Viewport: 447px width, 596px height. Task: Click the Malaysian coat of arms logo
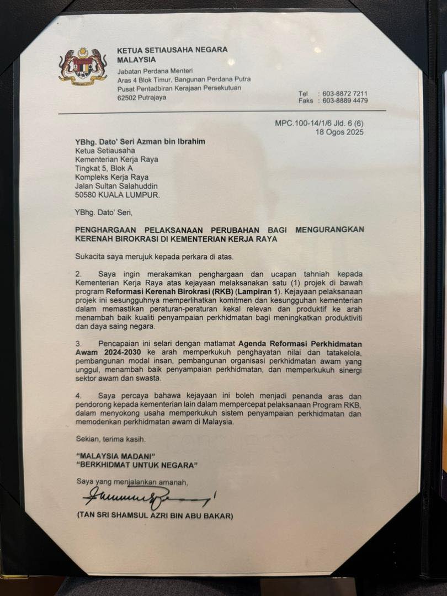(82, 65)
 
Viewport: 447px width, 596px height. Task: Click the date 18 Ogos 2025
(340, 132)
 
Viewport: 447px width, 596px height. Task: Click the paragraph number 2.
(78, 274)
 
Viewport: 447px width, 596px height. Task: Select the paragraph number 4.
(78, 396)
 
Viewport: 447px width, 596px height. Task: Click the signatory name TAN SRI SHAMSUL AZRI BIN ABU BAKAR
(155, 517)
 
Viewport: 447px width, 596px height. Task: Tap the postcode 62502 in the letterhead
(128, 98)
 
